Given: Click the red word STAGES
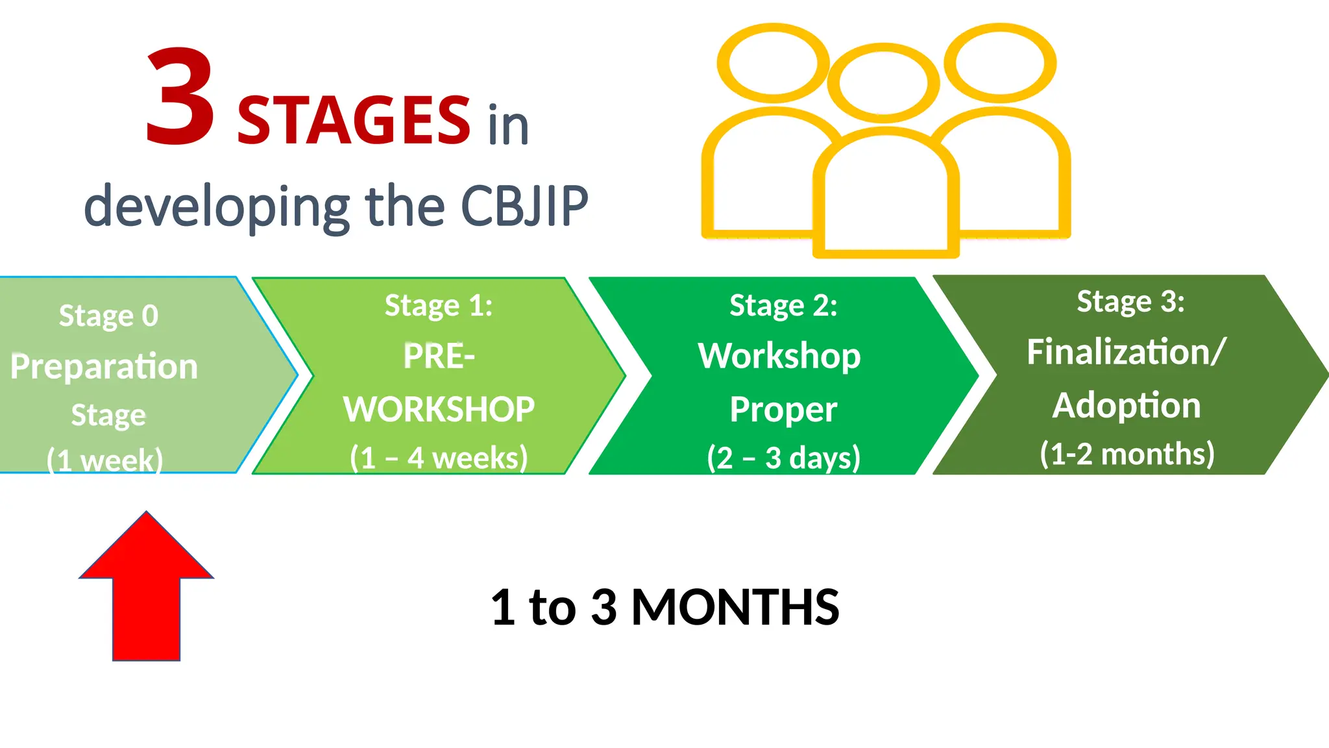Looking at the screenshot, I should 354,121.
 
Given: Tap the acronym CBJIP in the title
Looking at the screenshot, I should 524,206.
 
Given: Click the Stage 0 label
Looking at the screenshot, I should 108,316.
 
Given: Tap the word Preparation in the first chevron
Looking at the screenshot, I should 104,367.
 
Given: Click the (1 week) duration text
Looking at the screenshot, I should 104,460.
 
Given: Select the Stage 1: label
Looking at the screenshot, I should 439,305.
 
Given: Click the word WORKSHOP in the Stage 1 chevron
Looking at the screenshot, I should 439,410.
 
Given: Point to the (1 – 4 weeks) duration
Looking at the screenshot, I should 439,458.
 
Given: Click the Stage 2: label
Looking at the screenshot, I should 783,305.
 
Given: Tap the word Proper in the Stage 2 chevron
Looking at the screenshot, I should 783,410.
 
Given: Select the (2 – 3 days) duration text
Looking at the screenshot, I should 783,458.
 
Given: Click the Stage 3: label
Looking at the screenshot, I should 1130,301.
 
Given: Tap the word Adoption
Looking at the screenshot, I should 1127,406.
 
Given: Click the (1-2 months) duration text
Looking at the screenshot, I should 1127,454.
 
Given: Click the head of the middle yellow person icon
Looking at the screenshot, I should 883,83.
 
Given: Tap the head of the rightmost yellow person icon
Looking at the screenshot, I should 1000,63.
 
